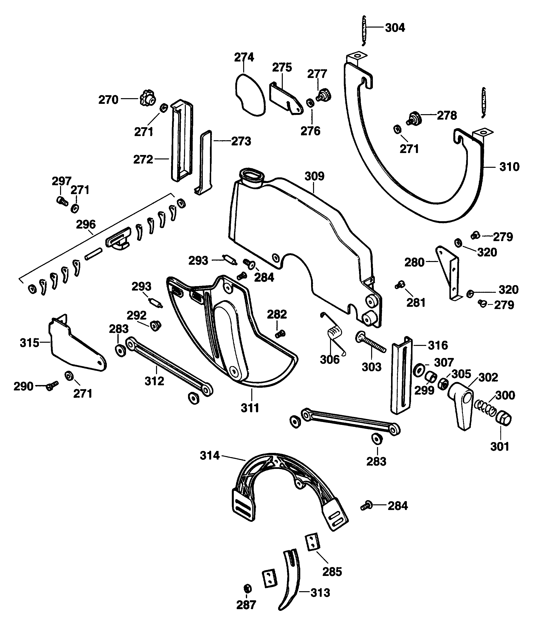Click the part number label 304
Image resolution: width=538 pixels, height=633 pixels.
[395, 28]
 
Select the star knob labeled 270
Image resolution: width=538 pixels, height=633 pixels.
[148, 98]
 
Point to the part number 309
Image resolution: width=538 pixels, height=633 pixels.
[315, 176]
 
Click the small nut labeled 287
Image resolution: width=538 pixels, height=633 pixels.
[248, 588]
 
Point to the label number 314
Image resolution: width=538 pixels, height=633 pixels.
[210, 456]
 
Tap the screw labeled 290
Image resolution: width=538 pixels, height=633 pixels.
[52, 386]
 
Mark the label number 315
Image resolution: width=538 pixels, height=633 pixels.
[30, 343]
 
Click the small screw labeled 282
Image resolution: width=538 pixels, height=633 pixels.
[280, 334]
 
